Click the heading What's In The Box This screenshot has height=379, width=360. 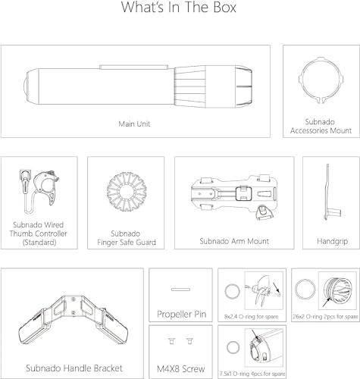pos(179,7)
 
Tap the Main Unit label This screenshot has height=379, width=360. pos(134,124)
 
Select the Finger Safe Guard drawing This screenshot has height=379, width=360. pos(127,193)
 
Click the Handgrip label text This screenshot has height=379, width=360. pos(333,241)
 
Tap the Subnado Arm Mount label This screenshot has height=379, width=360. pos(234,241)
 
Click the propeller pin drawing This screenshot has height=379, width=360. pos(180,290)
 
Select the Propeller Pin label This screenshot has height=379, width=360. pos(182,314)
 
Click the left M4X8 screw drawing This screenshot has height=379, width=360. pos(172,341)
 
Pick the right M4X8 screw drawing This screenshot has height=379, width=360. pos(189,341)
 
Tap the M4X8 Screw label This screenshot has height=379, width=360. pos(181,369)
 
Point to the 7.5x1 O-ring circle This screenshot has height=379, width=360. pos(227,348)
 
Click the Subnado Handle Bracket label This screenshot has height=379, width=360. pos(74,368)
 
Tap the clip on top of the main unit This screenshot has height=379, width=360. pos(134,67)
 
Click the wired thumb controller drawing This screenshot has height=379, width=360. pos(39,192)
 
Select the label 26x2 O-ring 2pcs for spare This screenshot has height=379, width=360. pos(325,316)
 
